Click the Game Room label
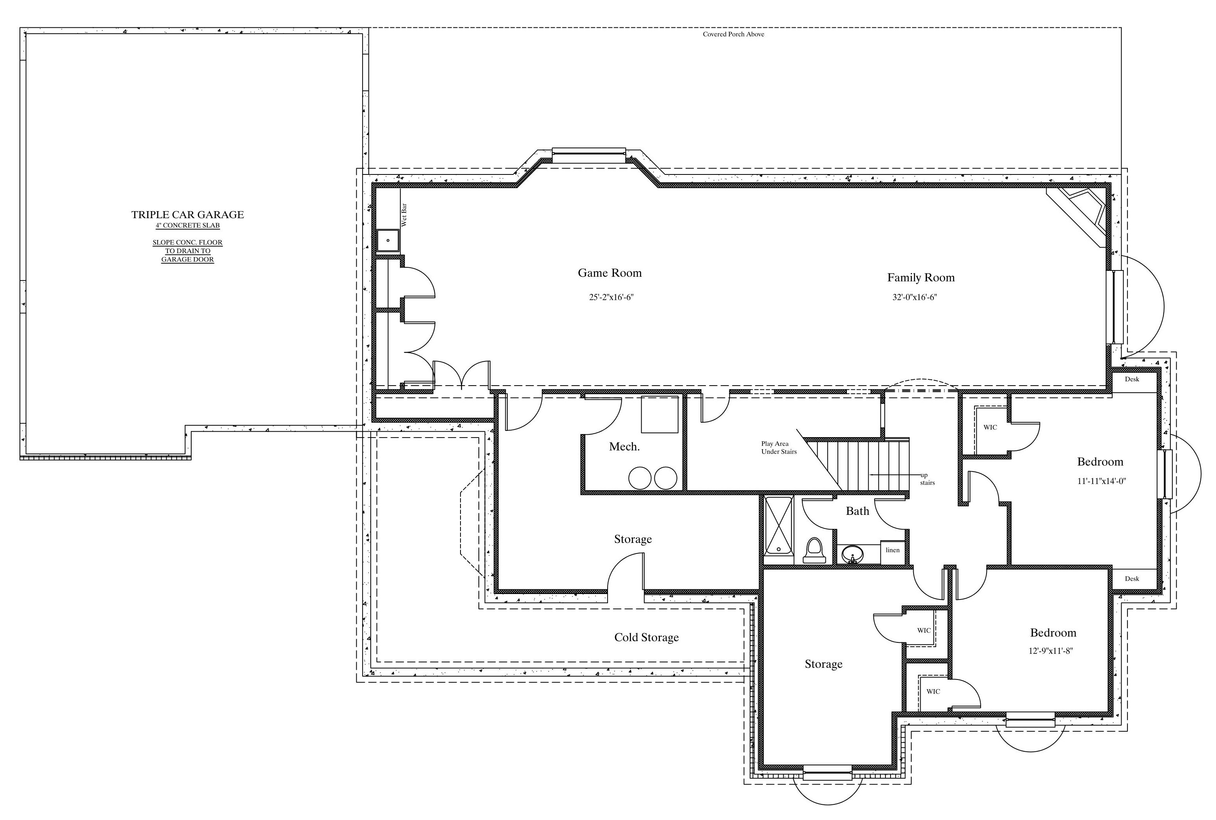pos(610,272)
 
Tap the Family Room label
pos(921,277)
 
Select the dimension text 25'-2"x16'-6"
pos(611,297)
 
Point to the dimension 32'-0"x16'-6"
pos(914,297)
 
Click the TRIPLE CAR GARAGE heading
pos(188,214)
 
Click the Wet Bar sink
pos(388,240)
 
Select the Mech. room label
pos(624,446)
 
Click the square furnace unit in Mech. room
pos(660,414)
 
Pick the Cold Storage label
pos(646,637)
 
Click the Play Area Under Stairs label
pos(779,448)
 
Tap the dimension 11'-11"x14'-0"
pos(1102,481)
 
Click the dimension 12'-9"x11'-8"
pos(1051,651)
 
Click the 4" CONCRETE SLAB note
pos(188,226)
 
